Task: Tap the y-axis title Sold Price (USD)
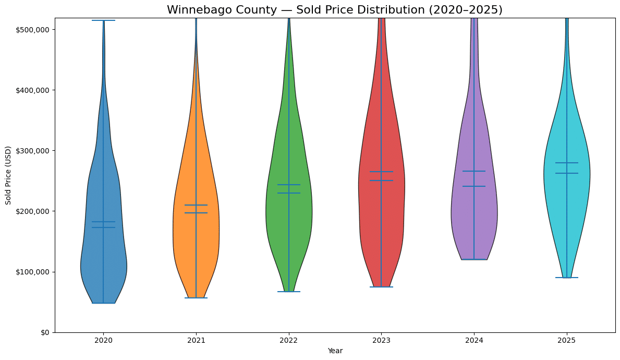pos(8,175)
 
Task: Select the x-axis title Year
pos(335,351)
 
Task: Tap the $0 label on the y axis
pos(46,332)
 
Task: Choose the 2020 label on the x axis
pos(103,340)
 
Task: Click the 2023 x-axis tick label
pos(381,340)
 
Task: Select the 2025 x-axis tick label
pos(567,340)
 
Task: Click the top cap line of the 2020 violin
pos(103,20)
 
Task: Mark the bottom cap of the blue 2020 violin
pos(103,303)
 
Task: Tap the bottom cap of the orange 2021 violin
pos(196,298)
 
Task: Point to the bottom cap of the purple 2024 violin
pos(474,259)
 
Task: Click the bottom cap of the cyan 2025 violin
pos(567,278)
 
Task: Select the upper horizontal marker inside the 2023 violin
pos(381,172)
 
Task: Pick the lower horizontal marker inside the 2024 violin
pos(474,186)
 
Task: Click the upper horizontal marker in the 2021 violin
pos(196,205)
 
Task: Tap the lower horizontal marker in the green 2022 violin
pos(289,193)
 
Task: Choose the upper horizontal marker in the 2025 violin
pos(567,163)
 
